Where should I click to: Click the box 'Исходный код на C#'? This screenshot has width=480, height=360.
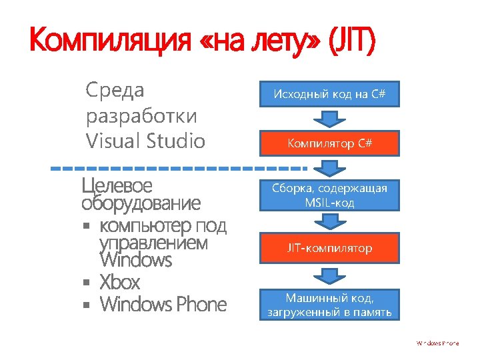tap(329, 94)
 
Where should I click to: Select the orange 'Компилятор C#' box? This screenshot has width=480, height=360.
tap(329, 143)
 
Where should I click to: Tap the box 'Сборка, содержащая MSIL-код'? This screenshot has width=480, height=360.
tap(329, 195)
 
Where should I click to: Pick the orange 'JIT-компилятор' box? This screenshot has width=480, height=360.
tap(329, 248)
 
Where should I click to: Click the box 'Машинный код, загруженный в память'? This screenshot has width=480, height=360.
tap(329, 303)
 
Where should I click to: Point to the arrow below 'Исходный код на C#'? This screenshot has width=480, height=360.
tap(329, 119)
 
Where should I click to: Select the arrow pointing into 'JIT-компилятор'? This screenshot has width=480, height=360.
tap(329, 222)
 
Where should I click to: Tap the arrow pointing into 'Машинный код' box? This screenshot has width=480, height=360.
tap(329, 275)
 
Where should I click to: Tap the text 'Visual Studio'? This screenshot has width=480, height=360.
tap(145, 141)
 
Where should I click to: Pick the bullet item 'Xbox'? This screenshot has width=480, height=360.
tap(120, 282)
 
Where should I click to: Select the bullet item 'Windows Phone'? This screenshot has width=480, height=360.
tap(163, 305)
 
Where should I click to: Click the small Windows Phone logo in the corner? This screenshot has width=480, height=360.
tap(438, 343)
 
